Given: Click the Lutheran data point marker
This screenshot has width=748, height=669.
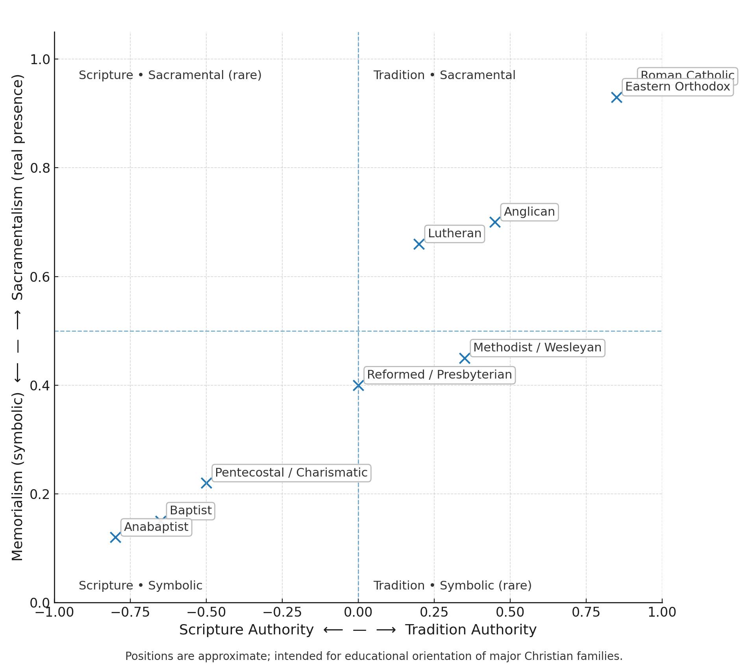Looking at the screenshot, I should (x=419, y=244).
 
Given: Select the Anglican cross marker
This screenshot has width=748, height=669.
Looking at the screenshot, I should (x=495, y=222).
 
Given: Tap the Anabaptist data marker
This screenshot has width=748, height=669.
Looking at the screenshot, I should (x=115, y=537).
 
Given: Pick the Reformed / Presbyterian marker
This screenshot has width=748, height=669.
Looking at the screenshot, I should (x=358, y=385).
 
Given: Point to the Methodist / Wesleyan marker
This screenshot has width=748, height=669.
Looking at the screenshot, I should (x=465, y=358).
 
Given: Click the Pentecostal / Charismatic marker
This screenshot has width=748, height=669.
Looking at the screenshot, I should (x=206, y=483).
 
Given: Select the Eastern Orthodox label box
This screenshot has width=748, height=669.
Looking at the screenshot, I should (x=678, y=87).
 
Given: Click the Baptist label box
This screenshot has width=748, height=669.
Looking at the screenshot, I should (x=191, y=510).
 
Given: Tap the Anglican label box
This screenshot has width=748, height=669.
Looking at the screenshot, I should (x=529, y=212).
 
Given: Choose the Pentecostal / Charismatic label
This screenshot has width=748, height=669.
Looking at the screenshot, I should (x=291, y=472).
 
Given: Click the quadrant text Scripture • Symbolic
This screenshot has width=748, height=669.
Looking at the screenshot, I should (x=141, y=586).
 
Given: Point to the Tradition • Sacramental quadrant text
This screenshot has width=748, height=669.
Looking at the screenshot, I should (x=444, y=75).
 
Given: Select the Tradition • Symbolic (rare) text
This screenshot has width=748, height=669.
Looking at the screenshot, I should (x=452, y=586).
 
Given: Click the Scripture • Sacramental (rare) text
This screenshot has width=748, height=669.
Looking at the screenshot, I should (x=170, y=75).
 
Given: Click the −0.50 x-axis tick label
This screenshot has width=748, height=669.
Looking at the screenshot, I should (x=206, y=612).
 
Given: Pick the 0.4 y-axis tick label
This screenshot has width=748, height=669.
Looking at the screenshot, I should (x=40, y=386).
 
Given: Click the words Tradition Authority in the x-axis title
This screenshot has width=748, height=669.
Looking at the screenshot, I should (x=471, y=630).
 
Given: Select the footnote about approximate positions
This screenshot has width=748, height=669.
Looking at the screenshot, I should (x=374, y=656).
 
